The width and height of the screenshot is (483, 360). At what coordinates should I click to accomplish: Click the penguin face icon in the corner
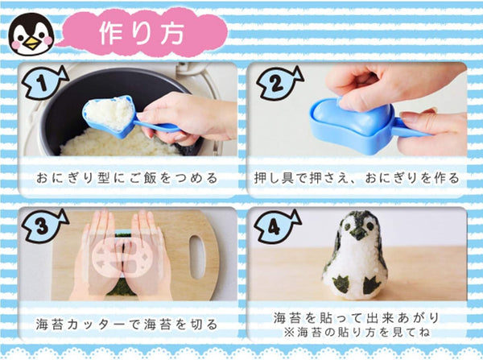point(31,33)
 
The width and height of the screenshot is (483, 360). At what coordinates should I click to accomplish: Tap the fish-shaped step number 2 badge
point(278,81)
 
